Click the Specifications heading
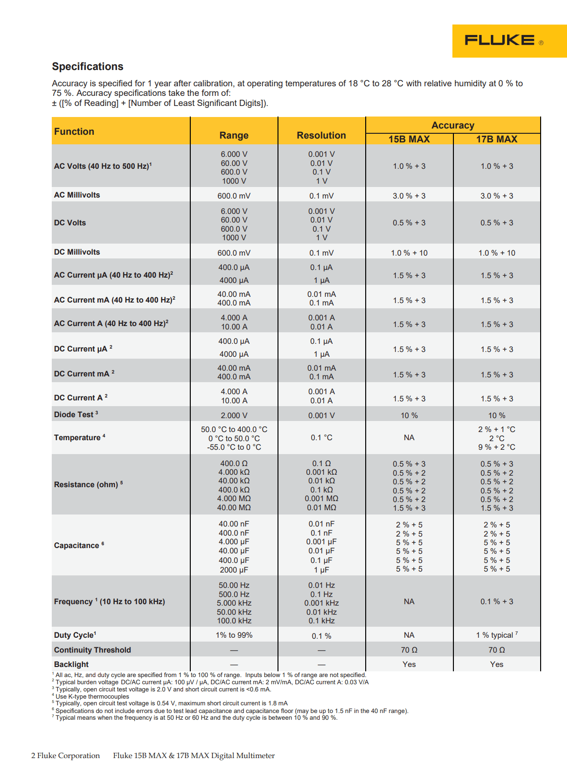tap(88, 67)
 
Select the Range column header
tap(234, 135)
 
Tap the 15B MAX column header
tap(409, 139)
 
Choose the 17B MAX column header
tap(497, 139)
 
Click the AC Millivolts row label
tap(77, 195)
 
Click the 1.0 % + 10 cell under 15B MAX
tap(409, 253)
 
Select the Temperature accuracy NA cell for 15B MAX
tap(409, 438)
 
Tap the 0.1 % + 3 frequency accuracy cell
tap(497, 601)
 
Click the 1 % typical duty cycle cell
tap(497, 635)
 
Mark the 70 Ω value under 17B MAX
tap(497, 650)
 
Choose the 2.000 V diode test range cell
tap(234, 415)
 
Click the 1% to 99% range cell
tap(234, 635)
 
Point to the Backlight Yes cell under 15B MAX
tap(409, 664)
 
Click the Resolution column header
tap(321, 135)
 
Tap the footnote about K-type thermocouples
tap(92, 697)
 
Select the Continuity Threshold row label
tap(93, 650)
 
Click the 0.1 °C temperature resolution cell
tap(321, 438)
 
